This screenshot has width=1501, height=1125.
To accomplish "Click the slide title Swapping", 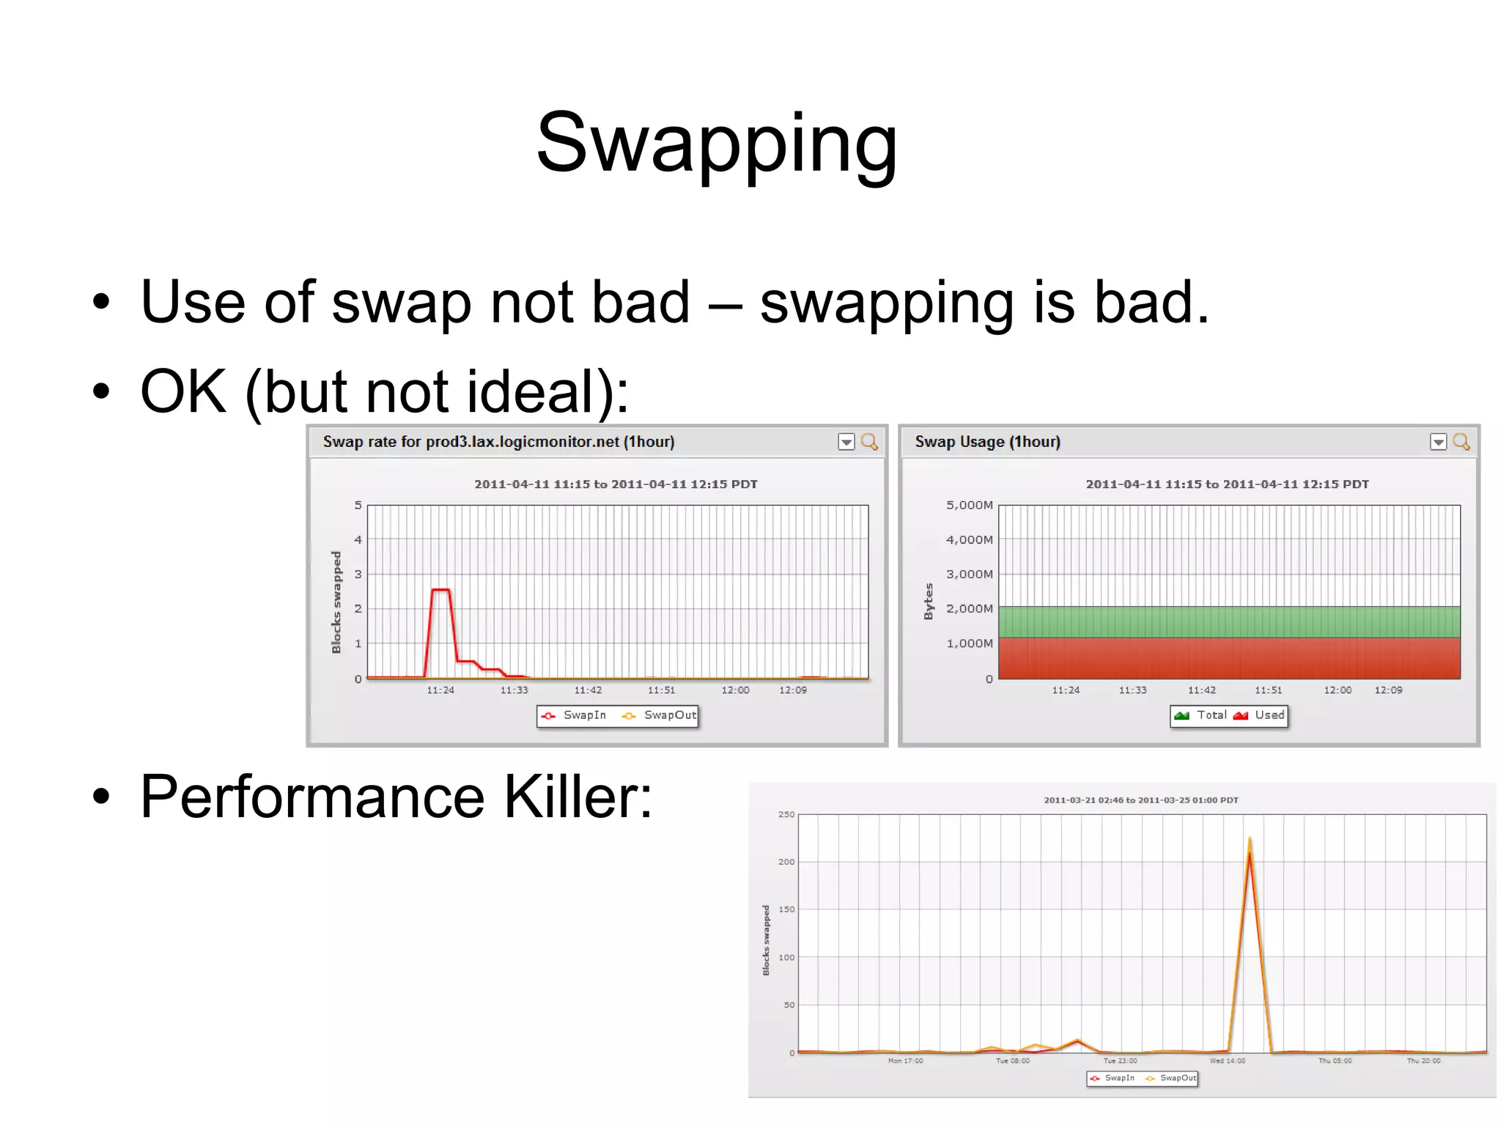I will point(716,143).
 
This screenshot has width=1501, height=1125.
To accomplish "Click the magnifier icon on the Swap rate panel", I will point(869,441).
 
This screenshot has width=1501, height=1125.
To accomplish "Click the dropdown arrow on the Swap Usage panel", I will point(1438,442).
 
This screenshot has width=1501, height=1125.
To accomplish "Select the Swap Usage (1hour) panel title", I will point(986,441).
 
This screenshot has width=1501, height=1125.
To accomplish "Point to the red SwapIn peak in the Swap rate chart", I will point(440,590).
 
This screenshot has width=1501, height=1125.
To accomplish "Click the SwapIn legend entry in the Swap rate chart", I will point(575,715).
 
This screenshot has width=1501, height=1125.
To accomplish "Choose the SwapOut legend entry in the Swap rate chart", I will point(660,715).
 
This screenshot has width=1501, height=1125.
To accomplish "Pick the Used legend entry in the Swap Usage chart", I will point(1261,715).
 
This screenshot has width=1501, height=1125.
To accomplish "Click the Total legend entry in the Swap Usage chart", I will point(1202,715).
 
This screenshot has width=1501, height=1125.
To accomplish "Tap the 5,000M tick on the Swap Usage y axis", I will point(969,505).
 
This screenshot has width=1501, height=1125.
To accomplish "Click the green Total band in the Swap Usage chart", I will point(1229,621).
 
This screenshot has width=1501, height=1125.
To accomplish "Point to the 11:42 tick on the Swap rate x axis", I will point(588,690).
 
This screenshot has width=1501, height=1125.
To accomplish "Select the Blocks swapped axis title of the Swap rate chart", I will point(336,602).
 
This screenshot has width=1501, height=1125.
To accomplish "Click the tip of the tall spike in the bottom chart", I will point(1250,838).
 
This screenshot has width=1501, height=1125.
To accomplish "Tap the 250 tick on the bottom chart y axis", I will point(786,814).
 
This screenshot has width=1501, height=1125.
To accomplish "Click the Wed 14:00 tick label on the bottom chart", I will point(1227,1061).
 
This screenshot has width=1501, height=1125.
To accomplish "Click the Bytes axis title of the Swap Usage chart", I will point(929,601).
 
